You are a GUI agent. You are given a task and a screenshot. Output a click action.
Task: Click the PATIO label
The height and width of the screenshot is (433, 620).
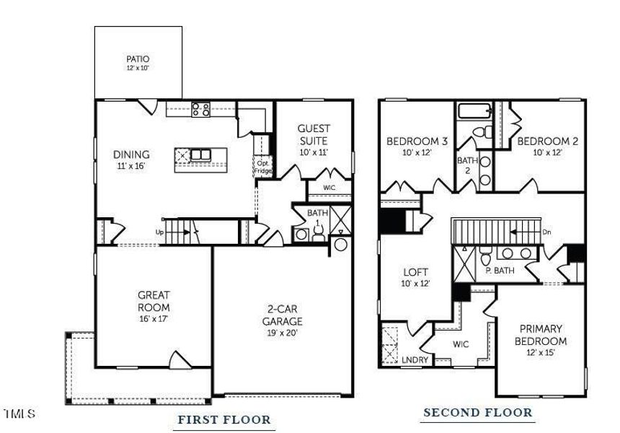(x=138, y=59)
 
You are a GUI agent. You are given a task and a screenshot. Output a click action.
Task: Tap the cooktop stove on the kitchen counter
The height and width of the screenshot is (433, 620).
(x=200, y=110)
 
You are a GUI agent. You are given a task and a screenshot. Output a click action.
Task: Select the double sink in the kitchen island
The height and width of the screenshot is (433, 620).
(x=201, y=154)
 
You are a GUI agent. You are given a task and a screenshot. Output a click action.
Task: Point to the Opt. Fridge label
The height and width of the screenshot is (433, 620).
(x=263, y=167)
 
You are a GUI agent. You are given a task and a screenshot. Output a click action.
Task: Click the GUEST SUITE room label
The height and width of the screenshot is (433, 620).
(x=314, y=134)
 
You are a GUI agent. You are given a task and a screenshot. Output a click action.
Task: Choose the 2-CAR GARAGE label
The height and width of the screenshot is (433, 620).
(x=283, y=315)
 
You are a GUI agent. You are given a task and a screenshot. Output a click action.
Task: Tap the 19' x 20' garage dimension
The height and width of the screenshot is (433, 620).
(x=283, y=333)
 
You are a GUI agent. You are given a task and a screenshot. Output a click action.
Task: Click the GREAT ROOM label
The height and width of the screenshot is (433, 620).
(x=154, y=301)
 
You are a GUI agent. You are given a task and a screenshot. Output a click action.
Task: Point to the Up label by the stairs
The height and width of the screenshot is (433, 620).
(x=159, y=232)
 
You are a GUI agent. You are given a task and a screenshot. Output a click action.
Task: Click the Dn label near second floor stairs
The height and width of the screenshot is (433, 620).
(x=546, y=232)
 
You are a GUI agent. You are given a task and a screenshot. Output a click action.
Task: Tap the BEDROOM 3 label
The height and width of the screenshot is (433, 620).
(x=417, y=141)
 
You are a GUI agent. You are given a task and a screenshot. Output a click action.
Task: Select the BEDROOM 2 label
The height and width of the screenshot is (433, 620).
(x=548, y=141)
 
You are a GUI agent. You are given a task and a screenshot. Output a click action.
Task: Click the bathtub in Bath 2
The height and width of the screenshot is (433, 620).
(x=475, y=111)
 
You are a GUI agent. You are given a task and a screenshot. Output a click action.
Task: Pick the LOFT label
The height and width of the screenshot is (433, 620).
(x=415, y=272)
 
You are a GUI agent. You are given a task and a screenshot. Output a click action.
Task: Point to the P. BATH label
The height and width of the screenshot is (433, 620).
(x=500, y=271)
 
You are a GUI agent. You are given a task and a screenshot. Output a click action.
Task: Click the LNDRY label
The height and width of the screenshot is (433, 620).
(x=415, y=360)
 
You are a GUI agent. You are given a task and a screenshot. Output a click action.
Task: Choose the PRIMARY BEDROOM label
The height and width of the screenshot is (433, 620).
(x=541, y=335)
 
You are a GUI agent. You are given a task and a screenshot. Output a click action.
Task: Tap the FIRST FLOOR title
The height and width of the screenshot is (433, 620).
(x=224, y=419)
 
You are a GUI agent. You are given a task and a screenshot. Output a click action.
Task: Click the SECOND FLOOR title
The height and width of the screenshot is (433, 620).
(x=478, y=412)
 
